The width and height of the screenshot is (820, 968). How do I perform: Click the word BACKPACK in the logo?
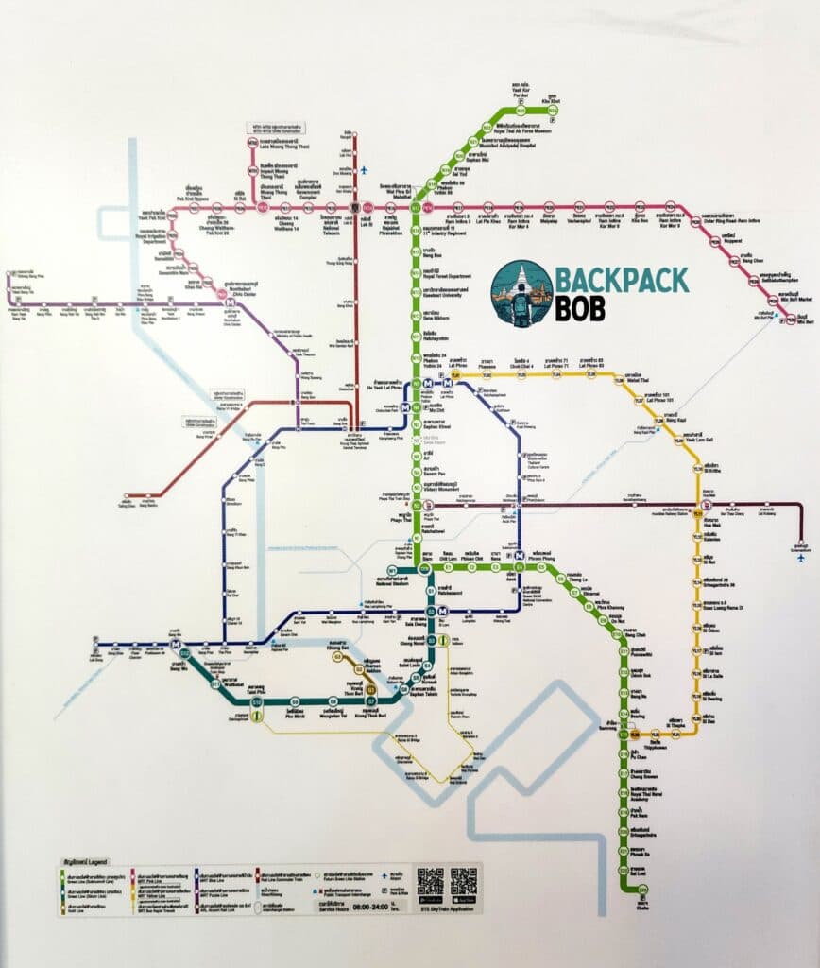point(622,279)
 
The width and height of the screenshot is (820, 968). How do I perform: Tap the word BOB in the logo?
point(581,309)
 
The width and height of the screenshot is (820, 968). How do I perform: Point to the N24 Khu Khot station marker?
point(554,111)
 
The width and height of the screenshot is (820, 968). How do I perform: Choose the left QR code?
point(430,881)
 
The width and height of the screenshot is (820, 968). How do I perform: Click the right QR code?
point(464,881)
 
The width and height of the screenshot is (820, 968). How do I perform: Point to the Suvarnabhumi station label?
point(799,545)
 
